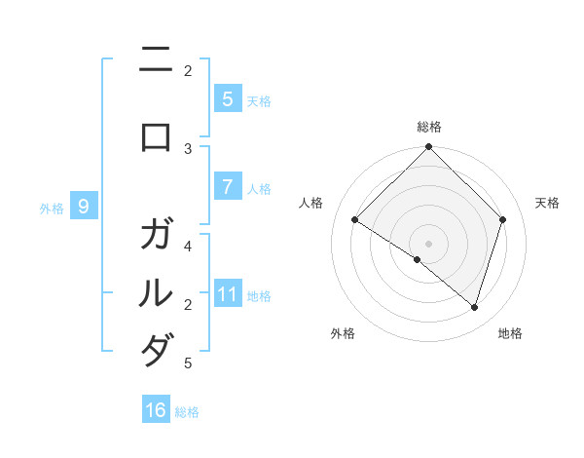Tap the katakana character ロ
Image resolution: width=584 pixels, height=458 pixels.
tap(156, 138)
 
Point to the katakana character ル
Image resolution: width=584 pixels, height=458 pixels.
tap(156, 292)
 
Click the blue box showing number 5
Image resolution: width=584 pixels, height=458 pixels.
tap(227, 99)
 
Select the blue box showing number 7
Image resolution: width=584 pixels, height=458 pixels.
tap(227, 187)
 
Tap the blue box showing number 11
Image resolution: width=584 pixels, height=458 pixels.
tap(227, 294)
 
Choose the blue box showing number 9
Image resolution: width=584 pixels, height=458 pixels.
tap(85, 207)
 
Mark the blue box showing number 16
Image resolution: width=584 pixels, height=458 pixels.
tap(156, 410)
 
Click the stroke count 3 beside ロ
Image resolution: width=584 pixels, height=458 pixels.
tap(188, 148)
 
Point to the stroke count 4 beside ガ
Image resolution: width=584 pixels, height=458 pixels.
tap(188, 246)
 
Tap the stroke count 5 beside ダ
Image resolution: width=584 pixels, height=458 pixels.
tap(188, 363)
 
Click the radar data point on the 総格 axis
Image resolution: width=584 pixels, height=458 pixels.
tap(428, 147)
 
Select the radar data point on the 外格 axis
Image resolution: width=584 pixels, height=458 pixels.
tap(418, 259)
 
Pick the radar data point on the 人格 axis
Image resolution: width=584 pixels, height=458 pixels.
tap(355, 220)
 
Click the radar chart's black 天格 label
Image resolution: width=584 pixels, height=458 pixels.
tap(547, 203)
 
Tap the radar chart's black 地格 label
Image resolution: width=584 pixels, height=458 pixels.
tap(510, 333)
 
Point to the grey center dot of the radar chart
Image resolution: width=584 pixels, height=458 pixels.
tap(428, 243)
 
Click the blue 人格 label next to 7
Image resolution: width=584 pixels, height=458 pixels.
tap(259, 188)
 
